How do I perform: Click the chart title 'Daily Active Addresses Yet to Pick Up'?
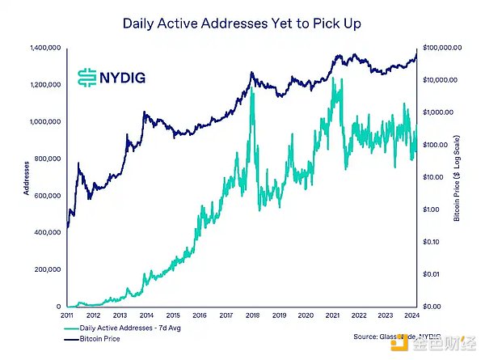tap(242, 23)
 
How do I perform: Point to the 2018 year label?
tap(253, 316)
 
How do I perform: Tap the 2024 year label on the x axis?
tap(412, 316)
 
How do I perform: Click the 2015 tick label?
tap(173, 316)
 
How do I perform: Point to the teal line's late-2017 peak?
tap(253, 91)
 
